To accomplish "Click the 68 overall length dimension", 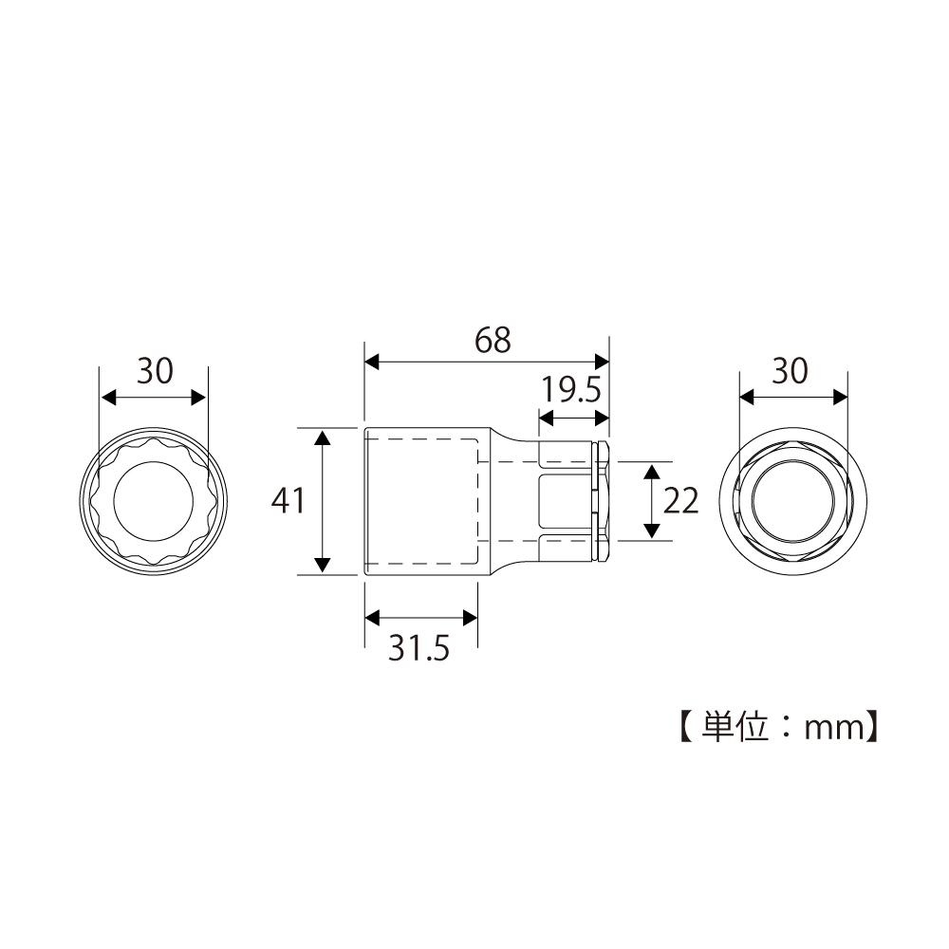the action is click(493, 340).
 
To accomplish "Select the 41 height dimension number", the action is click(288, 501).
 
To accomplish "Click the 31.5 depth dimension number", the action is click(419, 648).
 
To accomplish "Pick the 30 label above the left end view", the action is click(155, 371).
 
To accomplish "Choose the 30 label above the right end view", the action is click(790, 371).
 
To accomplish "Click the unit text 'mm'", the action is click(835, 728).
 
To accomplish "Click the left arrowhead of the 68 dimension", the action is click(372, 362).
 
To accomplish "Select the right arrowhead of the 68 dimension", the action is click(601, 362).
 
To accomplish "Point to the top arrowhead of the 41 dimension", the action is click(323, 437).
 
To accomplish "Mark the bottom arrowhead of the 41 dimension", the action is click(323, 565).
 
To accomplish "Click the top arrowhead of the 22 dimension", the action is click(651, 472).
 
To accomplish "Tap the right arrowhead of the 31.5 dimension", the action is click(470, 618).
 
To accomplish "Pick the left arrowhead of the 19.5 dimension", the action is click(547, 419).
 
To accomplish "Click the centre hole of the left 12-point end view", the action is click(154, 502).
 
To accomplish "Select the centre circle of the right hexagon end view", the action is click(793, 501).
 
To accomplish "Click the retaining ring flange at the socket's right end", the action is click(601, 502).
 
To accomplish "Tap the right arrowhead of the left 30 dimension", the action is click(198, 398).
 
